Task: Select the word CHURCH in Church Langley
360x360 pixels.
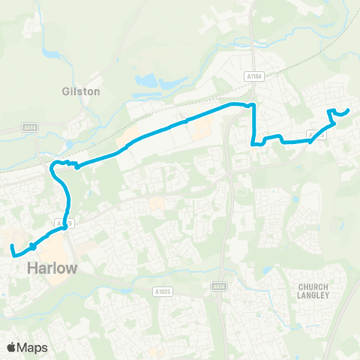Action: [314, 286]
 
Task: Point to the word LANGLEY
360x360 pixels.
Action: [314, 295]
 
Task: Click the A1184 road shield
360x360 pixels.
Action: [255, 76]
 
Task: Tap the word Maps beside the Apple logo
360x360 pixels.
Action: [34, 347]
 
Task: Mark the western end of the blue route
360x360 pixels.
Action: [11, 246]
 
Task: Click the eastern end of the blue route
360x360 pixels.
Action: [349, 112]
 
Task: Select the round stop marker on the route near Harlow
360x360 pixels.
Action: [33, 247]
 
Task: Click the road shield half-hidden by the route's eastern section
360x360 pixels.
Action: [316, 136]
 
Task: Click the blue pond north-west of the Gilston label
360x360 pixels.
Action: [49, 54]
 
